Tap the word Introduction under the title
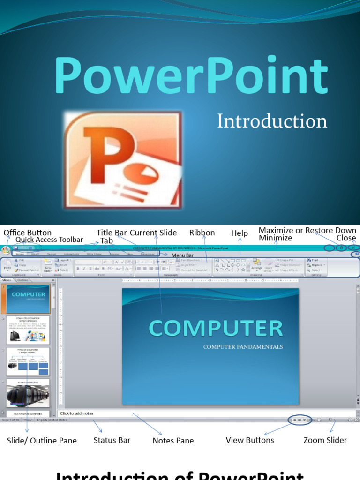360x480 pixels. [272, 121]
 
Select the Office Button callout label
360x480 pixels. [28, 232]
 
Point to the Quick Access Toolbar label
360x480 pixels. [49, 240]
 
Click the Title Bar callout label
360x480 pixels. [112, 232]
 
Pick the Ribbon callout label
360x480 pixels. [202, 232]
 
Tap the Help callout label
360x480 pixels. [240, 233]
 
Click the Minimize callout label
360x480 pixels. [276, 238]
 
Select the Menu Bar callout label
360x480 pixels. [183, 255]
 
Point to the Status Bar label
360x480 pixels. [112, 440]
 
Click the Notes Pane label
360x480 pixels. [173, 441]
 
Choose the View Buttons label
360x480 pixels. [250, 440]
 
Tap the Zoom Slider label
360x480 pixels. [325, 440]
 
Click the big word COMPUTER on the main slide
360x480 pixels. [216, 329]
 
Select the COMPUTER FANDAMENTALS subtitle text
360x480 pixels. [243, 347]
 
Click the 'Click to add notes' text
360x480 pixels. [77, 413]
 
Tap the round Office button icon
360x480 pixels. [6, 249]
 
